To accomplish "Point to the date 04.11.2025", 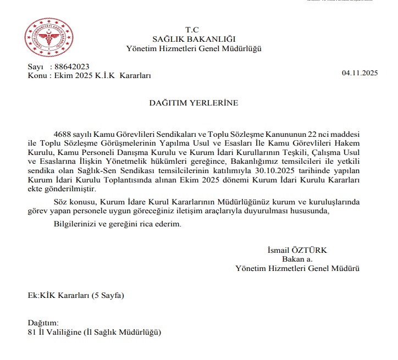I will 360,73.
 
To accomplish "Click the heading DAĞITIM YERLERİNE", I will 194,103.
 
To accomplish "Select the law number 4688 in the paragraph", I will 64,135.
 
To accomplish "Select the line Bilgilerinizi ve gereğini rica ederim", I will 117,224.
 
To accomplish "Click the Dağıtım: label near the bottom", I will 43,323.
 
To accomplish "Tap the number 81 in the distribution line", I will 32,331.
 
